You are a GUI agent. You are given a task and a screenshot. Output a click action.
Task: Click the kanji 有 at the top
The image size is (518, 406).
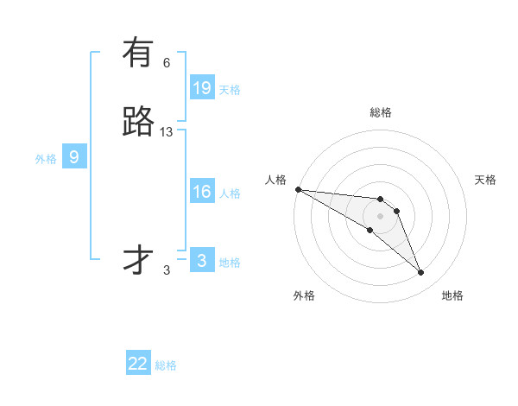point(138,53)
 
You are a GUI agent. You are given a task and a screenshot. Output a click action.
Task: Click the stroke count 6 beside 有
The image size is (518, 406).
point(167,62)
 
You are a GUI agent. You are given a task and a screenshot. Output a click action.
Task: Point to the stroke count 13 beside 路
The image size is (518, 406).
point(167,131)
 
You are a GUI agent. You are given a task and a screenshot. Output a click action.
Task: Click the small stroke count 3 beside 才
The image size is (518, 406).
point(167,270)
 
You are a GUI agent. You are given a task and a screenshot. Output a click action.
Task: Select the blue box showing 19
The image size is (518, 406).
point(202,88)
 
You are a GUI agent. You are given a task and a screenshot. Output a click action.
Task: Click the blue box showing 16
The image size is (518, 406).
point(202,192)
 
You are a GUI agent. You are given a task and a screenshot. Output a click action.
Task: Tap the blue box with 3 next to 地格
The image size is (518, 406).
point(202,261)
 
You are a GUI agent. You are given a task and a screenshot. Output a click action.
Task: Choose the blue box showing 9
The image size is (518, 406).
point(74,157)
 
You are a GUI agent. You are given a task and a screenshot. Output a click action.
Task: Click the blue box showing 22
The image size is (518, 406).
point(138,364)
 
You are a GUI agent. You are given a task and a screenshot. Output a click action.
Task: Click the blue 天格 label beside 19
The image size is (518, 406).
point(230,89)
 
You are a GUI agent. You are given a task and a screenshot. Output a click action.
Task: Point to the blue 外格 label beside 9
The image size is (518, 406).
point(46,158)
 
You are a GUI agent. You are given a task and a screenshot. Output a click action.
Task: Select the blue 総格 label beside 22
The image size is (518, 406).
point(166,365)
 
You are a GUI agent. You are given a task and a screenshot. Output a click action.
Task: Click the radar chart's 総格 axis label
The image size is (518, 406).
point(380,112)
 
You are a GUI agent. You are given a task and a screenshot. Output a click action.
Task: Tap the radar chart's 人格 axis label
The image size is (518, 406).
point(275,179)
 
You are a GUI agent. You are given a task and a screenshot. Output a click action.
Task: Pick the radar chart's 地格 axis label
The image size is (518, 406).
point(452,295)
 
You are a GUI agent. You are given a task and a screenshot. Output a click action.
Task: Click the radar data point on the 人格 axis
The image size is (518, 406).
point(298,189)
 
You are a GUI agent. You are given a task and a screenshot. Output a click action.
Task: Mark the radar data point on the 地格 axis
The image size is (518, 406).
point(421,273)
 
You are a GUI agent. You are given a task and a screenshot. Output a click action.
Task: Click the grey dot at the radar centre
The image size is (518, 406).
point(380,216)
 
